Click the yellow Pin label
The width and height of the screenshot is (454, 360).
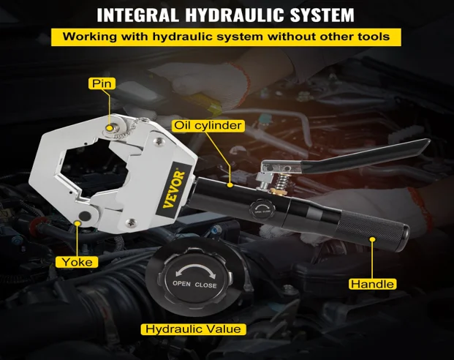[102, 83]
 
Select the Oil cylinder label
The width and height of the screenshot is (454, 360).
[208, 125]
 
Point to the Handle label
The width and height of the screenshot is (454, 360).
[372, 284]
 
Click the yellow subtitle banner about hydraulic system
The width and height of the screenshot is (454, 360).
[227, 37]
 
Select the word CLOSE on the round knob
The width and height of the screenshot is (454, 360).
[205, 285]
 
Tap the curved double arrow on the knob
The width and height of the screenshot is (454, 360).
[194, 269]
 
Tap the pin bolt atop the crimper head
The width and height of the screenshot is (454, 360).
[113, 130]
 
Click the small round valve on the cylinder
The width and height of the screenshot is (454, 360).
[262, 208]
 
